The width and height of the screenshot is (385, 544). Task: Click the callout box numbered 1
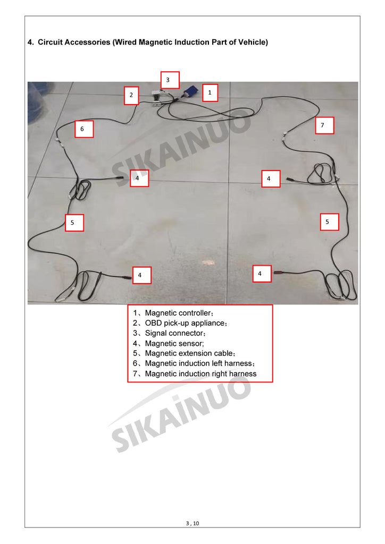(x=210, y=92)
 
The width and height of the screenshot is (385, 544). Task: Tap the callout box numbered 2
(x=131, y=96)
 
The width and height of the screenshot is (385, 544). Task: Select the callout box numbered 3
(x=170, y=80)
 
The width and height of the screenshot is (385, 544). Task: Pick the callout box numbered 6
(x=84, y=129)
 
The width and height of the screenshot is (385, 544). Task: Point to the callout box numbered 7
(x=324, y=125)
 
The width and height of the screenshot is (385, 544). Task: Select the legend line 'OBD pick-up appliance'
(x=180, y=323)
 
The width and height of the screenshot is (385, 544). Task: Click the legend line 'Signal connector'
(x=169, y=333)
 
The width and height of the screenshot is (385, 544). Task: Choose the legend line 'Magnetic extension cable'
(x=184, y=353)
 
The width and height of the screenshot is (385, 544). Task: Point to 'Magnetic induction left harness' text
(x=194, y=363)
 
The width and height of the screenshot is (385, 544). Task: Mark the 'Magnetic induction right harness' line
(x=195, y=373)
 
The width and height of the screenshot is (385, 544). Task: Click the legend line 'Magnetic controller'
(x=173, y=313)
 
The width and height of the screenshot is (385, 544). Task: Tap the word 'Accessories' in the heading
(x=87, y=42)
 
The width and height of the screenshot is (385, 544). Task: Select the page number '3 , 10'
(x=192, y=523)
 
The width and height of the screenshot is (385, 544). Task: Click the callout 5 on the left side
(x=74, y=223)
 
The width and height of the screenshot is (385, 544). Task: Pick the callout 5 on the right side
(x=329, y=222)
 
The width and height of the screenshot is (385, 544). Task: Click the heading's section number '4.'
(x=31, y=42)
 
